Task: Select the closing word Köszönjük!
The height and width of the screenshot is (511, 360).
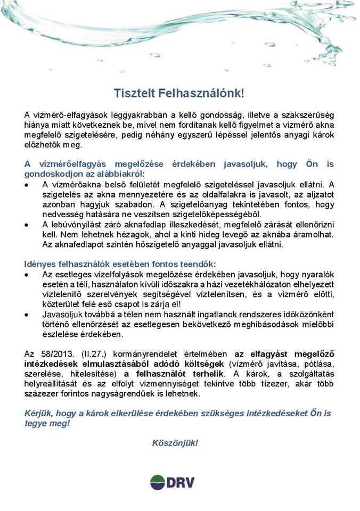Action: coord(175,443)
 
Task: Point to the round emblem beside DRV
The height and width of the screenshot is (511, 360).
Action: coord(158,483)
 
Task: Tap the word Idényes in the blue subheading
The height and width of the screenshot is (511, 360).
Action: coord(40,264)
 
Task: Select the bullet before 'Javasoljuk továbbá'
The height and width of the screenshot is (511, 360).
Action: coord(28,315)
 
